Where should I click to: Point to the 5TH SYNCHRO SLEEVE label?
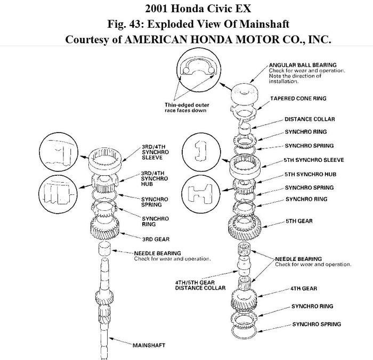(314, 160)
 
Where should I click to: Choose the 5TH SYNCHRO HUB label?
(310, 174)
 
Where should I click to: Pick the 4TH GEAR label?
(304, 289)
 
